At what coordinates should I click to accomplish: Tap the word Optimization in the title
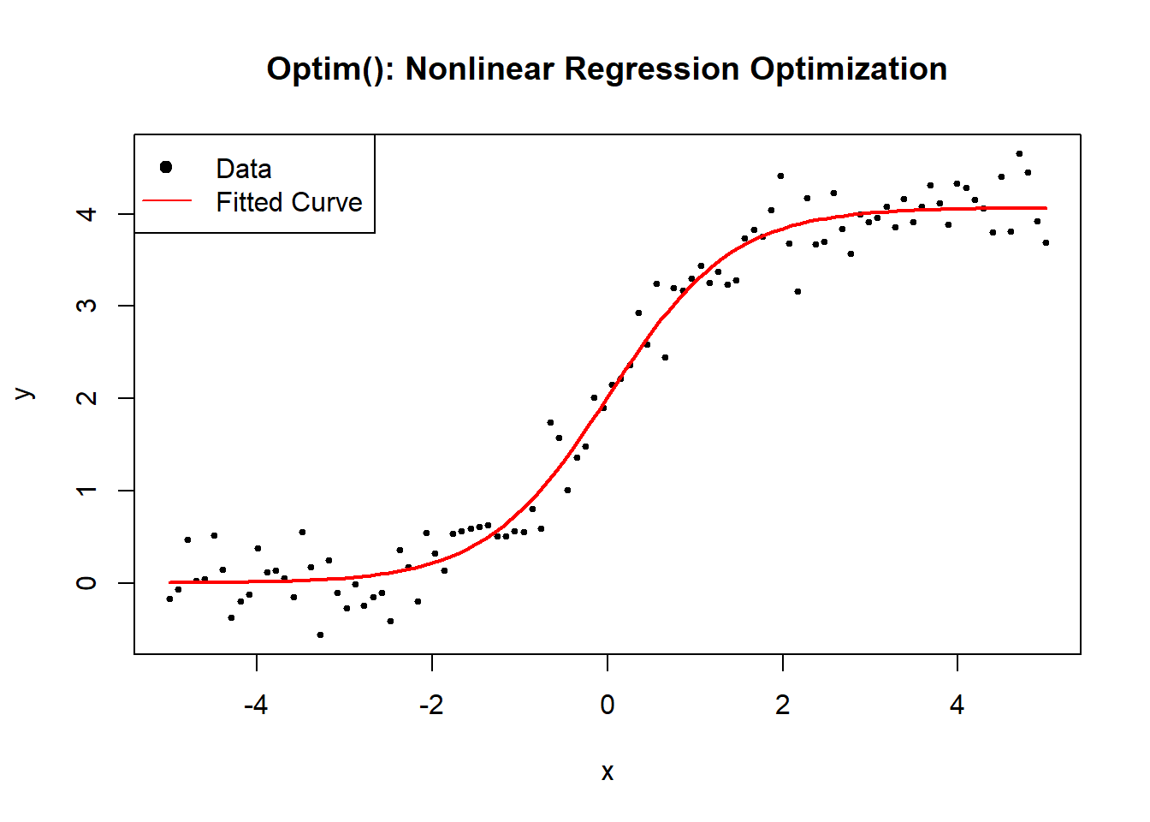(x=848, y=68)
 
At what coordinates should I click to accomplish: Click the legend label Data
(x=244, y=169)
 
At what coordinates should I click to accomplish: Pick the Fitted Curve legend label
(x=289, y=202)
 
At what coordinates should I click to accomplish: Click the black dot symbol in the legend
(x=166, y=167)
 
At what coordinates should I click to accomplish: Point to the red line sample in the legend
(x=167, y=201)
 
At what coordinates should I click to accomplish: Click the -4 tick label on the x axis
(x=256, y=705)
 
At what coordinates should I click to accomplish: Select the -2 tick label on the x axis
(x=431, y=705)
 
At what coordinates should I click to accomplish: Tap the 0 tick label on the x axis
(x=608, y=705)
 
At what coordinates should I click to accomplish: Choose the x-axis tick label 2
(x=782, y=705)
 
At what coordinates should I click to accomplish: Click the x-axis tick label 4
(x=957, y=705)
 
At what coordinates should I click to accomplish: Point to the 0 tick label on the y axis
(x=86, y=583)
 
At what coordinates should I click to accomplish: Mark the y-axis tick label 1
(x=86, y=491)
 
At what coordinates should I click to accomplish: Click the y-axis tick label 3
(x=86, y=306)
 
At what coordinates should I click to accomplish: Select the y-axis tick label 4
(x=86, y=213)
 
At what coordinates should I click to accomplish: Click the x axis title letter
(x=608, y=772)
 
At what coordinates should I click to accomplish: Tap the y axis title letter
(x=25, y=394)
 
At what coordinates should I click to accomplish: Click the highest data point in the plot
(x=1019, y=154)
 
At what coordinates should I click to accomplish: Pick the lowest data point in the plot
(x=320, y=634)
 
